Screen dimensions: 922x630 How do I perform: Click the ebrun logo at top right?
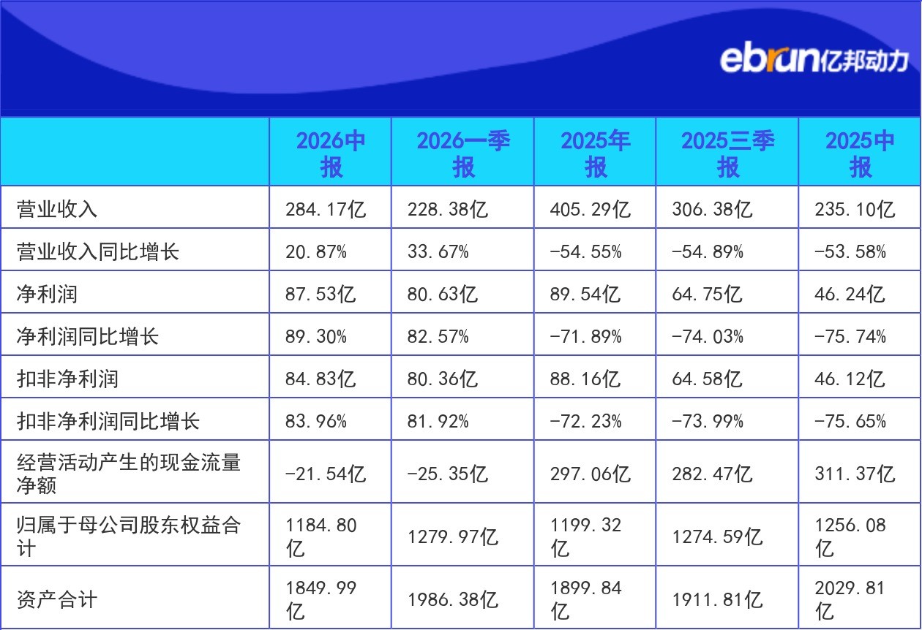pos(814,60)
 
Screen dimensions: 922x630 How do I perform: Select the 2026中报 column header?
pos(331,153)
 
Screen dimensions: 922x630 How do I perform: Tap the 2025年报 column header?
pos(596,153)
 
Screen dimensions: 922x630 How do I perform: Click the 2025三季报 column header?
pos(727,153)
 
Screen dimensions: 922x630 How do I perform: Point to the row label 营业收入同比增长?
pos(98,251)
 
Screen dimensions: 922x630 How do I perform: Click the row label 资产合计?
pos(57,599)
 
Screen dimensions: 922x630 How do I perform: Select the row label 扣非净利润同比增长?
pos(108,421)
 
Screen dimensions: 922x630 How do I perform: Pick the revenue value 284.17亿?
pos(326,209)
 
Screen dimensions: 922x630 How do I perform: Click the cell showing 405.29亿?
pos(591,209)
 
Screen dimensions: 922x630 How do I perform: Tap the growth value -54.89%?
pos(708,251)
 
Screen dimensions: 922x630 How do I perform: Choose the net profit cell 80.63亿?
pos(443,294)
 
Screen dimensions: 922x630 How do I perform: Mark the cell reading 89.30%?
pos(315,336)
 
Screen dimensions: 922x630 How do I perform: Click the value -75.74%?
pos(850,336)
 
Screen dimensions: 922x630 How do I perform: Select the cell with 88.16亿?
pos(585,379)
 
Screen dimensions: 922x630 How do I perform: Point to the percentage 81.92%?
pos(438,421)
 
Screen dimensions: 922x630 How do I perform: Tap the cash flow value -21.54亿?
pos(326,474)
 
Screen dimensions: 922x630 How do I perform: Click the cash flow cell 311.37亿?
pos(855,474)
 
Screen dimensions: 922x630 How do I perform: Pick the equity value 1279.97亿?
pos(453,536)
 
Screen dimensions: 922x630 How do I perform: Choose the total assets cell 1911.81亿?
pos(717,599)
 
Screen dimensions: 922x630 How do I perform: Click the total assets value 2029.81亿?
pos(850,599)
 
